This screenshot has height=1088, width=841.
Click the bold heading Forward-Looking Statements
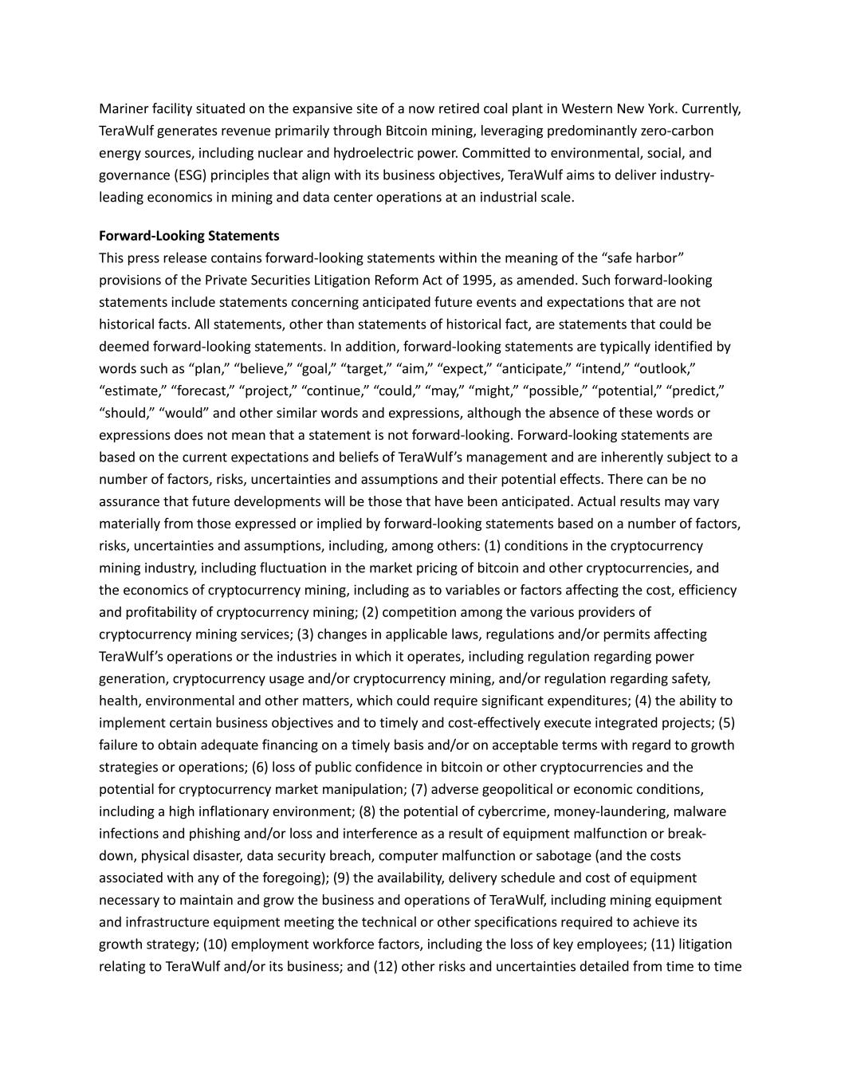tap(189, 236)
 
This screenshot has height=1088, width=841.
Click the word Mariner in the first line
tap(123, 108)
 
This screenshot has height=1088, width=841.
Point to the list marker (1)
tap(493, 546)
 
